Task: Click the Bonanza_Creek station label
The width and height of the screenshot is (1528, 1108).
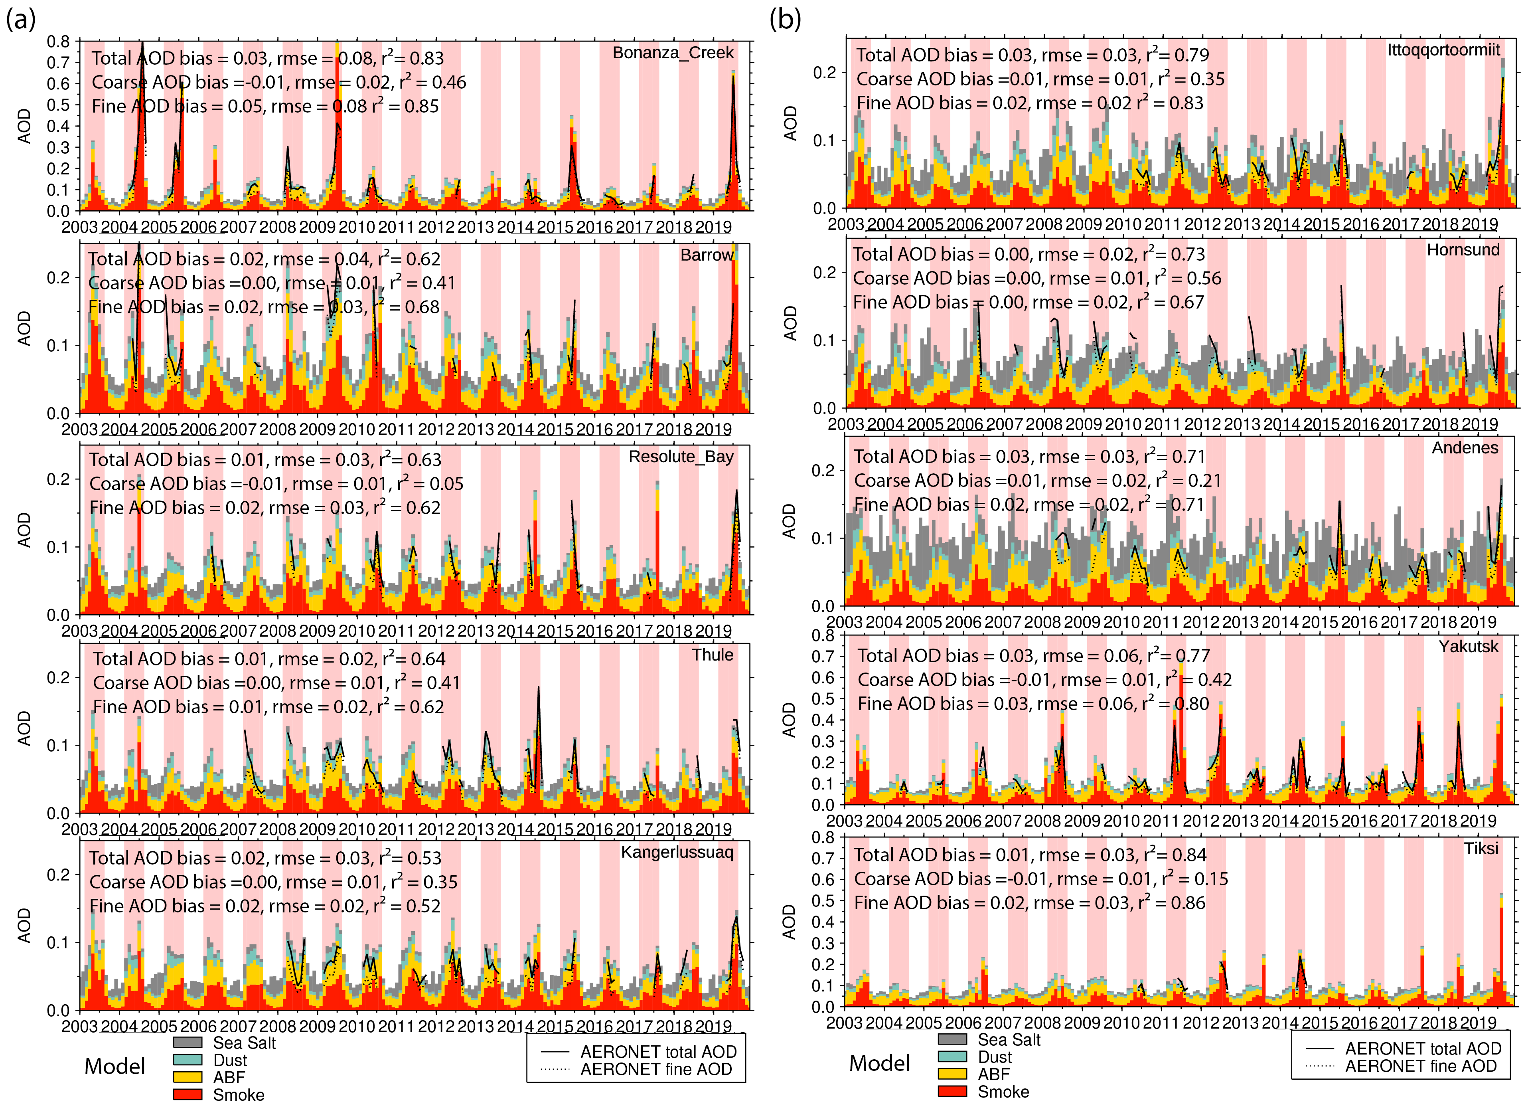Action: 672,53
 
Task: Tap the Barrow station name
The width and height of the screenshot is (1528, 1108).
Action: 706,255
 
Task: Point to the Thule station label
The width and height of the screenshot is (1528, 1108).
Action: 712,655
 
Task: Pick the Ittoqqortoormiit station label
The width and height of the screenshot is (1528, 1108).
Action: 1443,50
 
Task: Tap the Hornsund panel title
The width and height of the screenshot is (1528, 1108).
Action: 1463,250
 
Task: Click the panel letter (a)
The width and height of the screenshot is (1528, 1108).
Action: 21,19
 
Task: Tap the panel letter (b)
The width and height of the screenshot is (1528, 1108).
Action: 785,19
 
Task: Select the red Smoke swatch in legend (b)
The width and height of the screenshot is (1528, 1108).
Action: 952,1091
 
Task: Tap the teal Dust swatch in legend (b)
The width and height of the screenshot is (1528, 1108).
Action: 952,1057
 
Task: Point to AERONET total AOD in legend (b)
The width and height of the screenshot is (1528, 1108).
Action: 1423,1049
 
